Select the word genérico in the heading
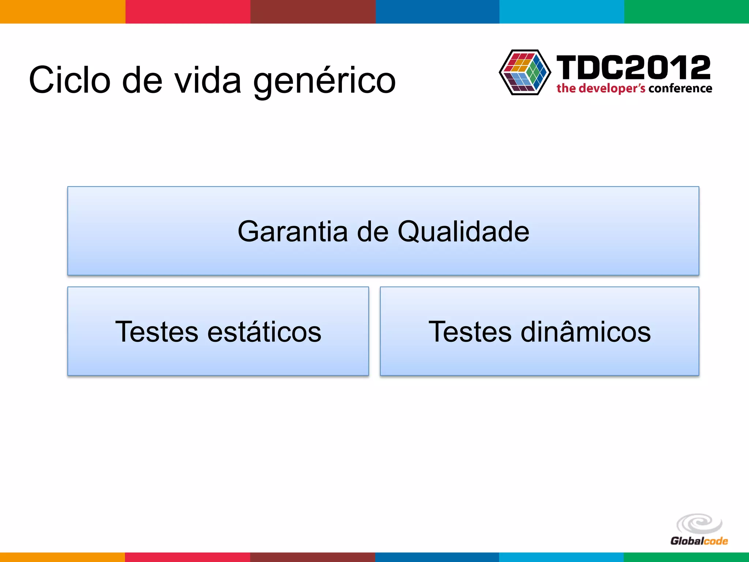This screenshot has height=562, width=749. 324,81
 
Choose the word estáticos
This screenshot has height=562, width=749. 264,332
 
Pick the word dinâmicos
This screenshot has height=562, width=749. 586,332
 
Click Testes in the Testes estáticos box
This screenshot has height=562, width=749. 157,332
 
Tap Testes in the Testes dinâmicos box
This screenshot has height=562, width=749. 470,332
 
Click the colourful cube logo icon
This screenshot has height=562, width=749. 525,72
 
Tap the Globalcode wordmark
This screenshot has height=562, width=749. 699,541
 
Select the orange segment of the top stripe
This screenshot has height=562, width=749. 63,11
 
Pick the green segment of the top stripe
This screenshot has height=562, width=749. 686,11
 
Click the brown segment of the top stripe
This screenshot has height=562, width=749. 313,11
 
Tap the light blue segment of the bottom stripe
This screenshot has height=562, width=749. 561,557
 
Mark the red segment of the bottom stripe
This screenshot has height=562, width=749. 188,557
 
